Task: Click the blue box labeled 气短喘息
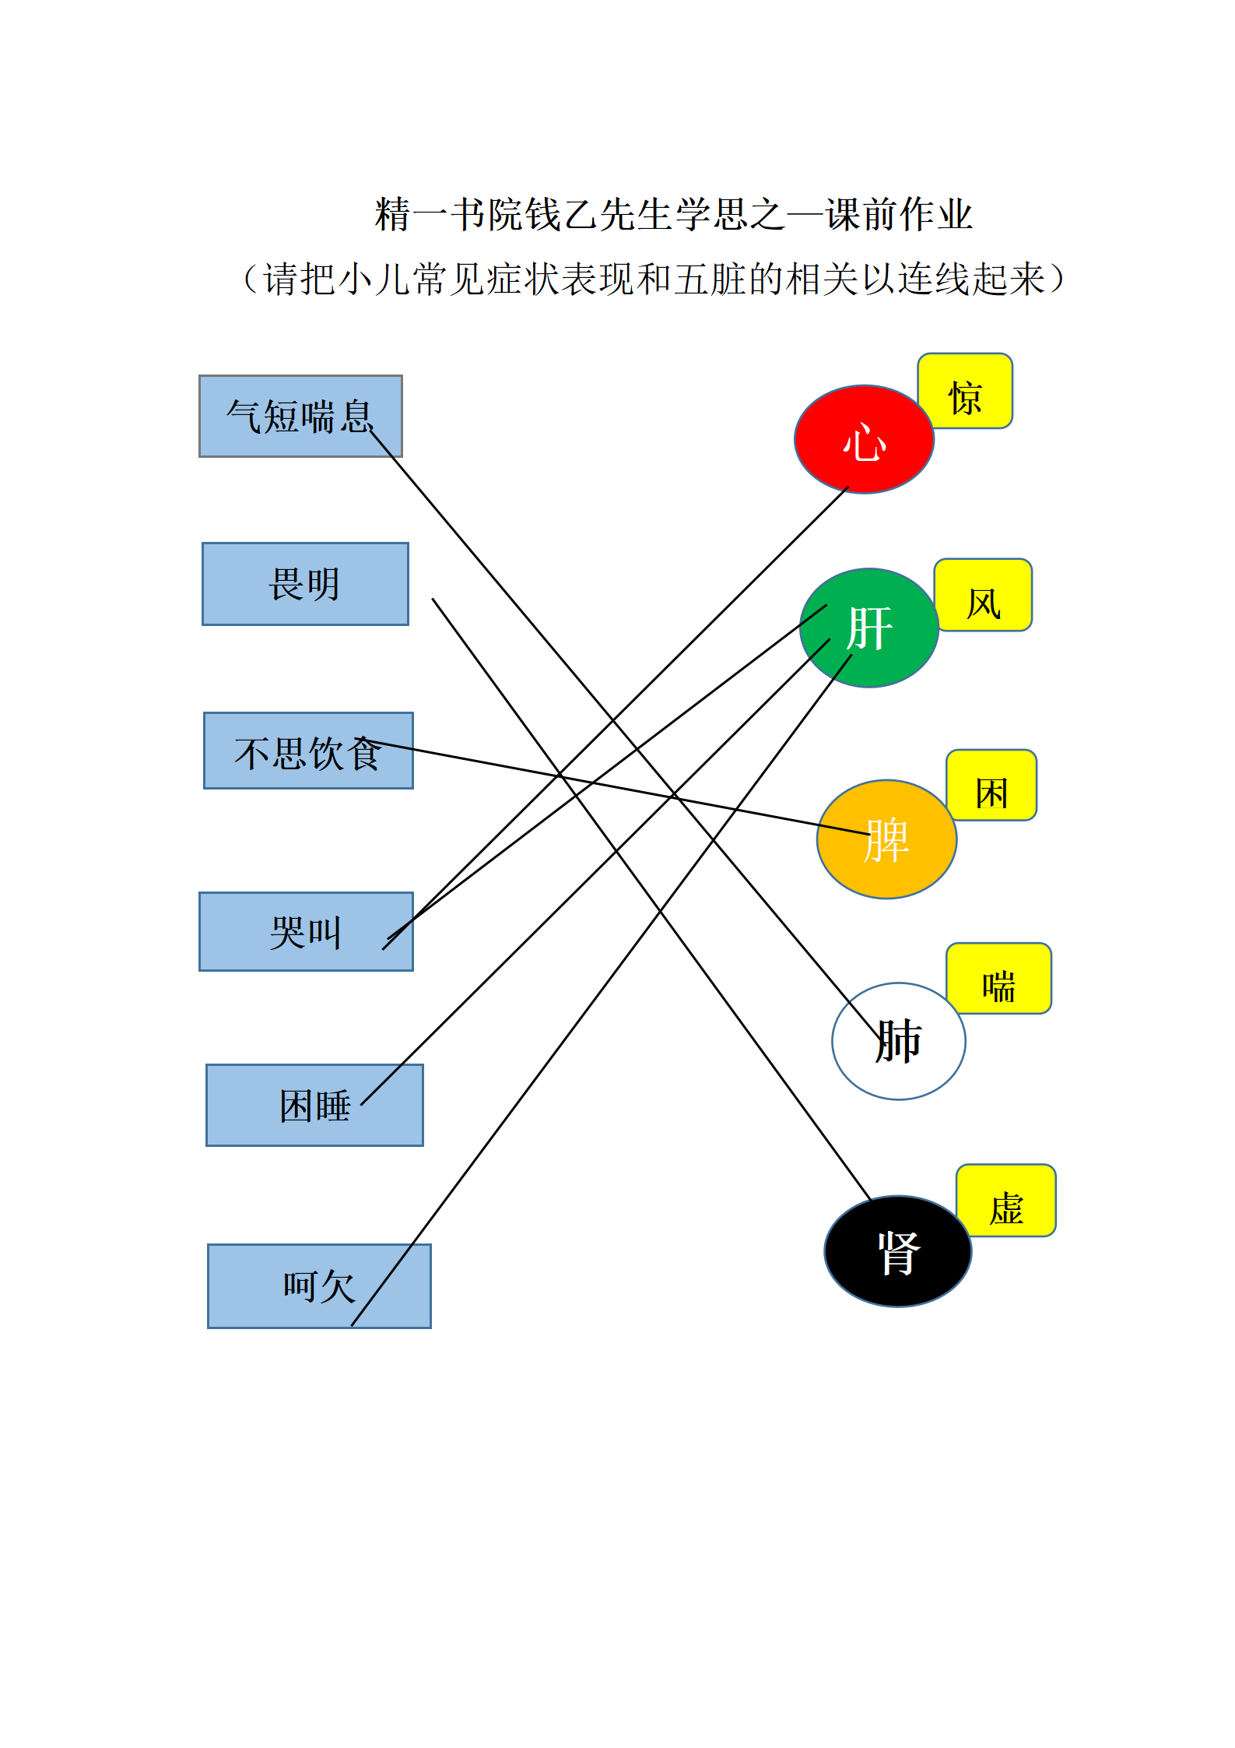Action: (300, 416)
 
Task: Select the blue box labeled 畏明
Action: (305, 584)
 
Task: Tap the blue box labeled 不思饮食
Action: (308, 751)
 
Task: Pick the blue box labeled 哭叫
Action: (306, 931)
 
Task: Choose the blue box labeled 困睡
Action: (314, 1105)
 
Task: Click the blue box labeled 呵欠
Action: (319, 1286)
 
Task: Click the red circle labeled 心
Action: (864, 439)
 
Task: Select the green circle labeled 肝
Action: (869, 628)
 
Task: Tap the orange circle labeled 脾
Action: (886, 839)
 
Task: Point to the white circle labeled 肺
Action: (899, 1041)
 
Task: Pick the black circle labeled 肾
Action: (898, 1251)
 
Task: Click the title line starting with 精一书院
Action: (674, 215)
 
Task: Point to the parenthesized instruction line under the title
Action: (654, 280)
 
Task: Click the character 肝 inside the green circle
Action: (869, 628)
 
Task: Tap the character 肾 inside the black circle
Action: (899, 1253)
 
